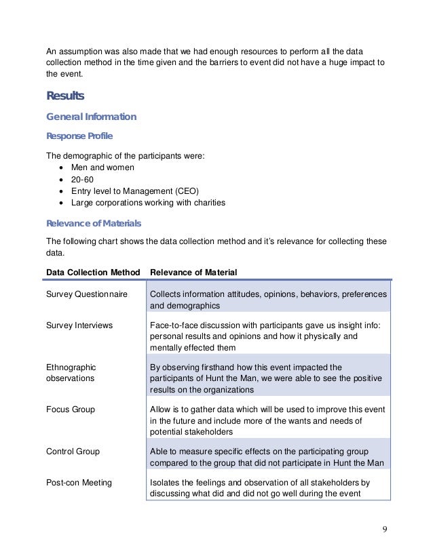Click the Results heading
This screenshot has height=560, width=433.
[65, 96]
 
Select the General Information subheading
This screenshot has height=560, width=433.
[91, 117]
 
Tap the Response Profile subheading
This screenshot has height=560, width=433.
[79, 136]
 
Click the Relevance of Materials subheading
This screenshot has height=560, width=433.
[93, 223]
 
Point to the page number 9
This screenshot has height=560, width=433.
[385, 529]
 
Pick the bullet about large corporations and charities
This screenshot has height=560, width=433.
[147, 202]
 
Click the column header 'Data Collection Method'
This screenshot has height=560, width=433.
[93, 273]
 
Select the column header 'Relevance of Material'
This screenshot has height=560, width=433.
[193, 273]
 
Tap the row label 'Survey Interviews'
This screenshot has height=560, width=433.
[79, 325]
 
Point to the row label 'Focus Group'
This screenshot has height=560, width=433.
[71, 409]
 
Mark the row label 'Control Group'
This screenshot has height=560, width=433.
[73, 451]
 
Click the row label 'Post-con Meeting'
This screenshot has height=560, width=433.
[79, 483]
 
